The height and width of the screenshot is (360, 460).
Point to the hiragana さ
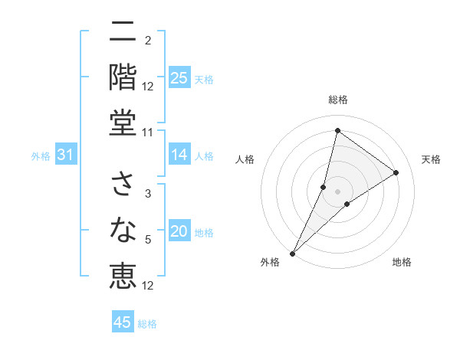pos(123,185)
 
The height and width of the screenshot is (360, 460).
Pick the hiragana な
pos(123,229)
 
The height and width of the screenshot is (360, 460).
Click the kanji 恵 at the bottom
pos(123,273)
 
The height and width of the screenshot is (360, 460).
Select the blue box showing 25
pos(179,78)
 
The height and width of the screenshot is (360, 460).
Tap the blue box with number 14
pos(179,155)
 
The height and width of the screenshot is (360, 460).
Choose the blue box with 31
pos(66,155)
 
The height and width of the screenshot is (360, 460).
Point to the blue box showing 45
pos(123,322)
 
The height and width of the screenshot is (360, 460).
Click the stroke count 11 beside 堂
pos(148,133)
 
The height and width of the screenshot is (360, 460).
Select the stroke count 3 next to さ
pos(148,195)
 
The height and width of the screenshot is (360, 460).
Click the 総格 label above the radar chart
pos(337,100)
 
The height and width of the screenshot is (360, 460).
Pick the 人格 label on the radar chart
pos(245,159)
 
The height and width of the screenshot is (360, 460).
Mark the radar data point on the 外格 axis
pos(292,253)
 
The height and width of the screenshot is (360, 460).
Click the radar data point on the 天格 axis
pos(396,173)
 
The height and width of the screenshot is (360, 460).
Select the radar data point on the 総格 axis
pos(337,130)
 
